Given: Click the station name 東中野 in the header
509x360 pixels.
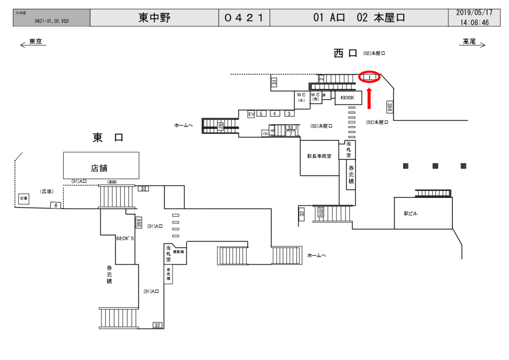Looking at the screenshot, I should tap(154, 18).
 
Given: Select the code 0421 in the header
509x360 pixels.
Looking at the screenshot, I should tap(244, 18).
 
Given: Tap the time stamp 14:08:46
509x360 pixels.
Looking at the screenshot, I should tap(474, 22).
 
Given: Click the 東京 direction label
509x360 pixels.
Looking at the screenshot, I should tap(35, 42).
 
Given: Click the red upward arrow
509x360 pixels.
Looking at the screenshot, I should tap(369, 98).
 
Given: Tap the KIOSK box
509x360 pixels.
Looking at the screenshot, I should tap(348, 98).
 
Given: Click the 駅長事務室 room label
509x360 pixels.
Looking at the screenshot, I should tap(319, 156).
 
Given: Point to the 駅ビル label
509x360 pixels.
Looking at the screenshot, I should tap(411, 213).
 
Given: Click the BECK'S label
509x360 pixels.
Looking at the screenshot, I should tap(125, 239).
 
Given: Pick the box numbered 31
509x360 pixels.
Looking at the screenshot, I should tap(274, 83).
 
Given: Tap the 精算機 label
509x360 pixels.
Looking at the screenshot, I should tap(178, 253).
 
